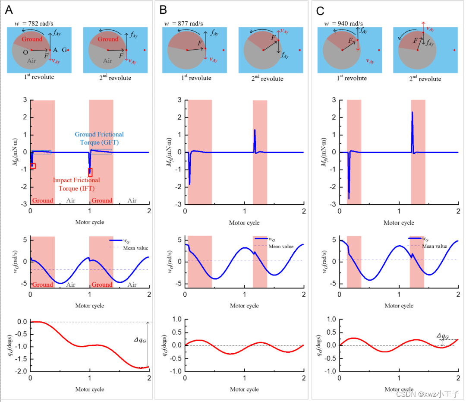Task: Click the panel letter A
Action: point(8,9)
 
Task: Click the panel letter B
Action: point(163,9)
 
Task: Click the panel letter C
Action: point(320,9)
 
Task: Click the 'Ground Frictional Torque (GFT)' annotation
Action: point(99,138)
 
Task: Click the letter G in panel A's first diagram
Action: point(64,50)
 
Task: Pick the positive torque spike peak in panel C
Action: point(412,113)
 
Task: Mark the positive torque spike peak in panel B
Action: point(255,130)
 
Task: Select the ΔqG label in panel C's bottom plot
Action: point(442,336)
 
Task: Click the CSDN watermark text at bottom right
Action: point(428,394)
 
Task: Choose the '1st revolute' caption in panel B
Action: point(197,78)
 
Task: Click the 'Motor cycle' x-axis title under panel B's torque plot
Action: point(244,223)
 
